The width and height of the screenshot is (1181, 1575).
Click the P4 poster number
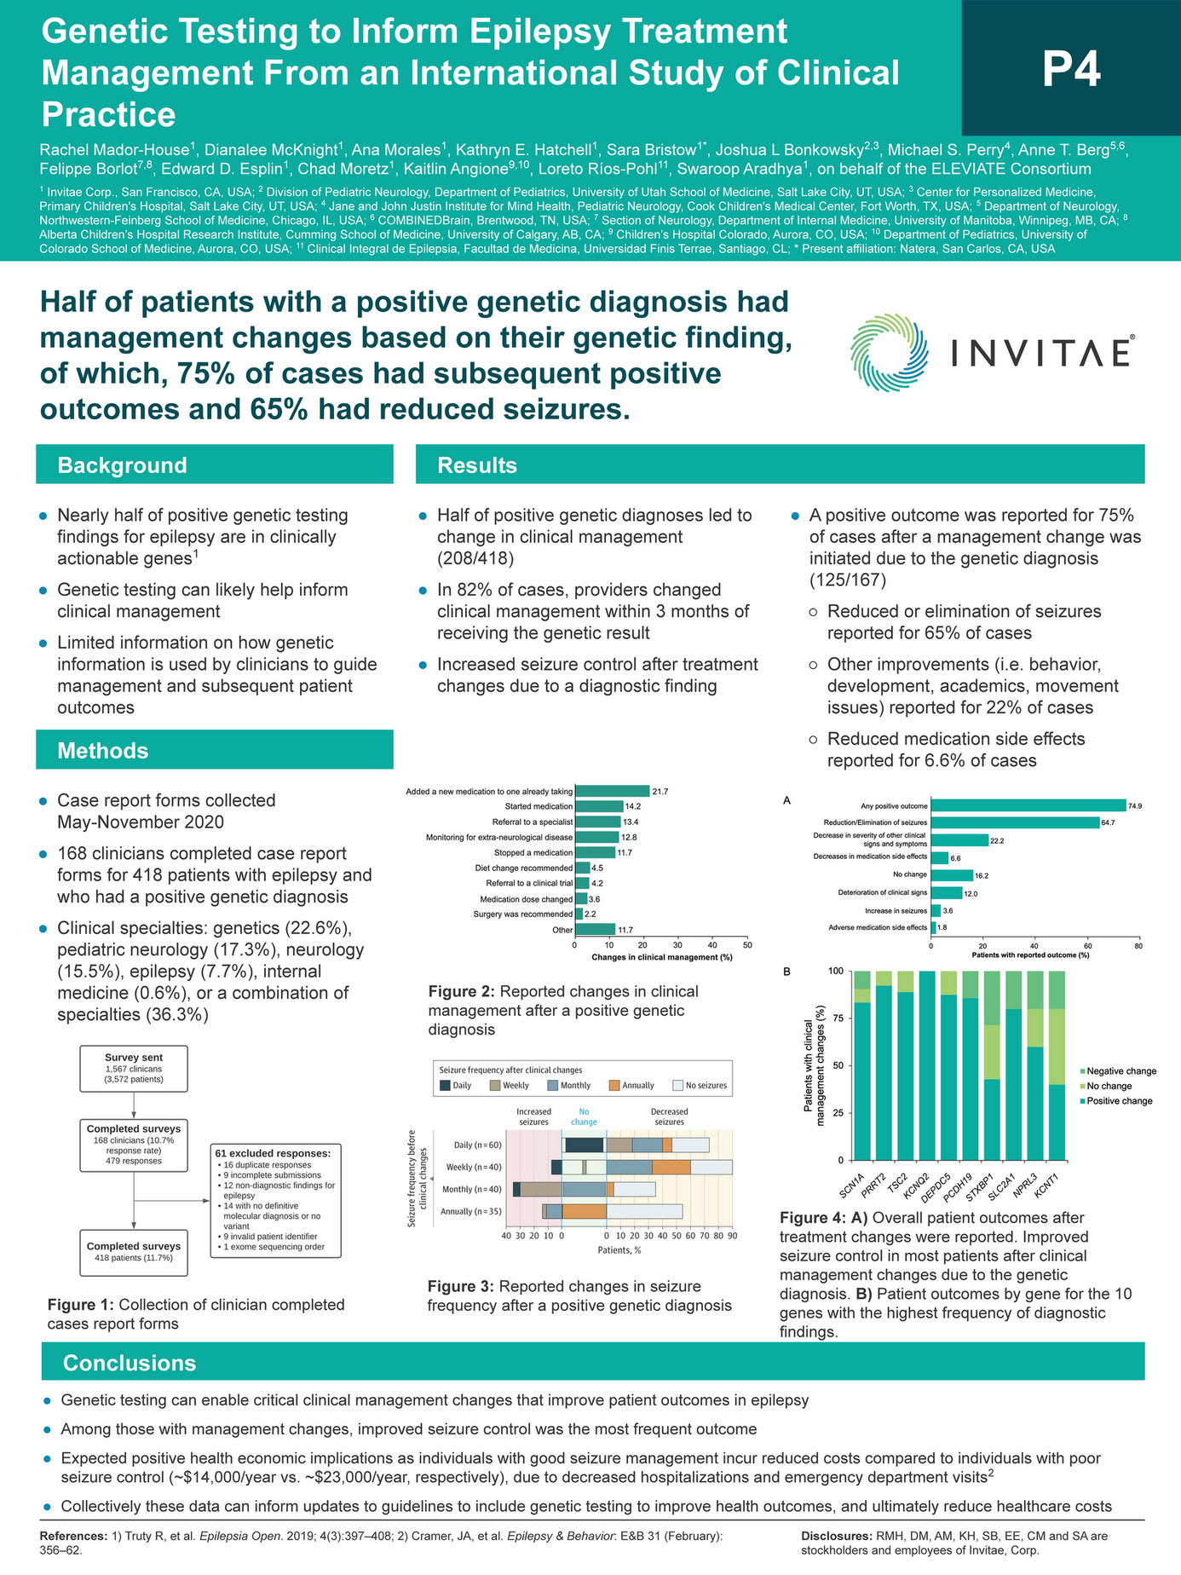[1071, 70]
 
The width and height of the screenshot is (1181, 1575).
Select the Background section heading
[122, 465]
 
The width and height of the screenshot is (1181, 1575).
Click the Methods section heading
[102, 750]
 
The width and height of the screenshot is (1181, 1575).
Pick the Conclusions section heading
[130, 1362]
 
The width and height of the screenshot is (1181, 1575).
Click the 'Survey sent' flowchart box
[134, 1068]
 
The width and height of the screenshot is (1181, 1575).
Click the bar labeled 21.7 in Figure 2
[612, 791]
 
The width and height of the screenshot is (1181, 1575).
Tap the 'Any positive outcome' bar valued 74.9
[1028, 805]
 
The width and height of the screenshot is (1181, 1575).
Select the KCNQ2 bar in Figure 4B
[928, 1065]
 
